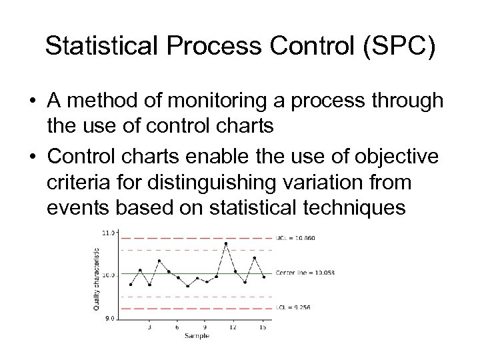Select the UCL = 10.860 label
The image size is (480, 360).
pyautogui.click(x=293, y=238)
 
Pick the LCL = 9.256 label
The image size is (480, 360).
pyautogui.click(x=292, y=307)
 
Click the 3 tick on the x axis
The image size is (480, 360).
pyautogui.click(x=149, y=327)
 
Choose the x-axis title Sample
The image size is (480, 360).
pyautogui.click(x=197, y=336)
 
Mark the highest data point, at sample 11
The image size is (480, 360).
pyautogui.click(x=226, y=243)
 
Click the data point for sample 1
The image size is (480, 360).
pyautogui.click(x=131, y=285)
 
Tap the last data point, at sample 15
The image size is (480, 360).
pyautogui.click(x=264, y=277)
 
